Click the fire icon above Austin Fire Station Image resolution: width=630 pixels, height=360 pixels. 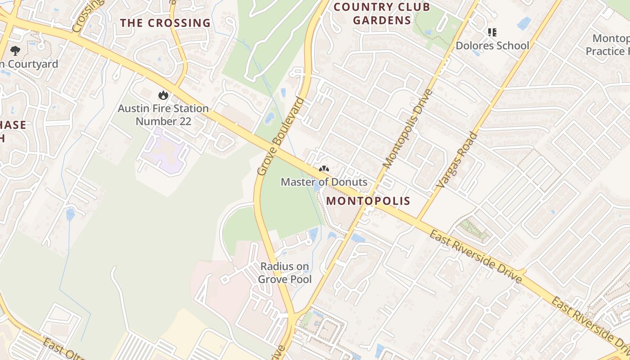point(163,95)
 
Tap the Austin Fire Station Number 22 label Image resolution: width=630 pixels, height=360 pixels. point(163,115)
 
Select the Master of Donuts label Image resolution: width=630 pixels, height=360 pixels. point(324,182)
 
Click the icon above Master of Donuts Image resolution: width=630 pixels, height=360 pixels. point(324,169)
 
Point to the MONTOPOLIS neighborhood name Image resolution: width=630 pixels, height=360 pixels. point(369,201)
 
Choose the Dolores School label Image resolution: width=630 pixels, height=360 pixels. point(492,45)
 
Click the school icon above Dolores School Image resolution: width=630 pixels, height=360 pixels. point(492,32)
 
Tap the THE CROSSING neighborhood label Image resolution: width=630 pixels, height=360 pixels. point(165,23)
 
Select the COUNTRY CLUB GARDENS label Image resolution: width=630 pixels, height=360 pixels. point(382,13)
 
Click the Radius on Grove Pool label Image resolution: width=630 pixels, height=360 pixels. point(285,273)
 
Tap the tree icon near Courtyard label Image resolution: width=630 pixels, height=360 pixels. point(15,50)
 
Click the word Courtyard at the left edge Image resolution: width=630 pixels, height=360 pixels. point(32,64)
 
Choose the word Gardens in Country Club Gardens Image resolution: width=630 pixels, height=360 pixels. point(382,20)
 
